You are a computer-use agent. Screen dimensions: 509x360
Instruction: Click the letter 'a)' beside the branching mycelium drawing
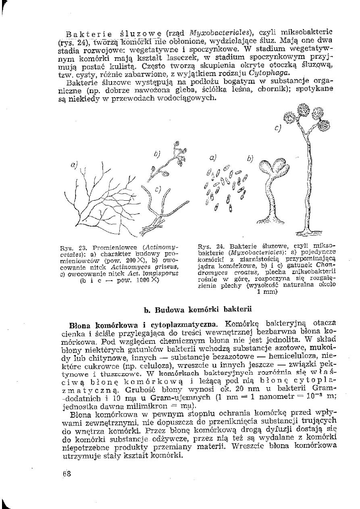tap(74, 165)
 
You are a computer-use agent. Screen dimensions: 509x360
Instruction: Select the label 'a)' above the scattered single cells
tap(213, 158)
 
